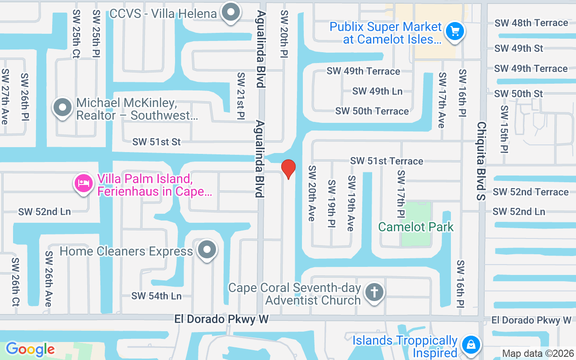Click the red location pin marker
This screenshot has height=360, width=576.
288,169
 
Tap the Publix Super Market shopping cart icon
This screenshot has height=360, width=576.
454,31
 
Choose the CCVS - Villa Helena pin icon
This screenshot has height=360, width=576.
231,12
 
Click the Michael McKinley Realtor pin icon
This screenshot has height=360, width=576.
63,108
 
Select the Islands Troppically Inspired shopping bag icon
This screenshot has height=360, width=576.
471,345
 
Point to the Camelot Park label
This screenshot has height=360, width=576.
416,227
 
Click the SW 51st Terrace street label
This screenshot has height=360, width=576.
387,161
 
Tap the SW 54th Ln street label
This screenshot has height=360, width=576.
156,296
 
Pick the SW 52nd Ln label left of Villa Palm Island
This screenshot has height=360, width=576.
45,211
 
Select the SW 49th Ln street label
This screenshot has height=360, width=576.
377,91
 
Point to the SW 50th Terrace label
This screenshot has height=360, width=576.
372,111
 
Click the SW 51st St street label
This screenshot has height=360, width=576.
156,142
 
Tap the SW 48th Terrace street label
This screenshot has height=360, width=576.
531,22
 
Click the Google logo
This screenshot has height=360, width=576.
30,349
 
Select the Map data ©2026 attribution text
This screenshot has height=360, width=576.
538,353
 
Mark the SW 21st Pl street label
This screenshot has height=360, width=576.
241,96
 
